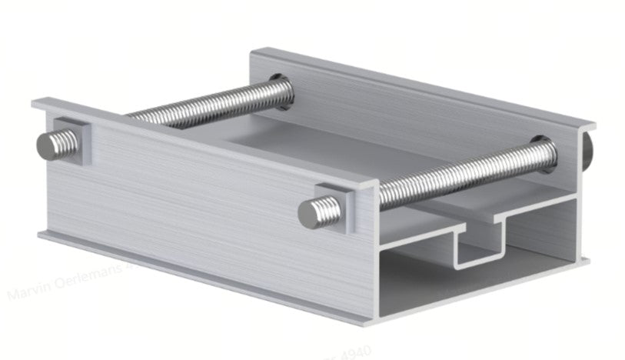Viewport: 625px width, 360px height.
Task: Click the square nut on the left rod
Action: pyautogui.click(x=73, y=141)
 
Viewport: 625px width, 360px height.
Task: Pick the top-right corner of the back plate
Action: pyautogui.click(x=594, y=123)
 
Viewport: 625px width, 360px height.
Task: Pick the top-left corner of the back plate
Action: pyautogui.click(x=252, y=51)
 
